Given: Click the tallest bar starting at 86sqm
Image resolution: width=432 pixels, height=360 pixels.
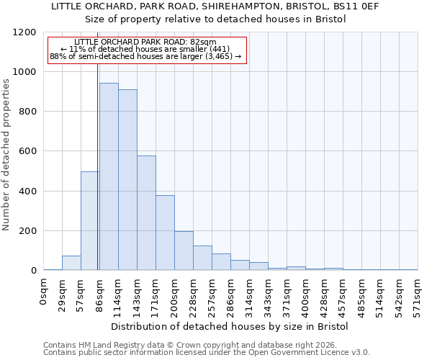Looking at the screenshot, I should tap(109, 176).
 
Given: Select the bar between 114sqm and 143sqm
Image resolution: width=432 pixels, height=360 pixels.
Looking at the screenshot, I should tap(127, 180).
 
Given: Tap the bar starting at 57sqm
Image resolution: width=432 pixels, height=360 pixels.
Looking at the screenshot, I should tap(90, 220).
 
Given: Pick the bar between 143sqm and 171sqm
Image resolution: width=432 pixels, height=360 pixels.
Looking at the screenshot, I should tap(146, 213).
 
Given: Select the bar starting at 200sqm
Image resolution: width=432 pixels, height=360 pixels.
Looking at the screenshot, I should tap(184, 251).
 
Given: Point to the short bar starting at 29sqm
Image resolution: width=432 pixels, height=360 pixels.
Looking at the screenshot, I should tap(71, 263).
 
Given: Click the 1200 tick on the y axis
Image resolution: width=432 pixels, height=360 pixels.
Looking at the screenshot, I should tap(24, 32).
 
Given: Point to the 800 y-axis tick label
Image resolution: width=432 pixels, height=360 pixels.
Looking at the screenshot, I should tap(27, 112).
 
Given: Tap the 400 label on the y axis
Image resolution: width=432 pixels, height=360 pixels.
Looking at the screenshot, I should tap(27, 192).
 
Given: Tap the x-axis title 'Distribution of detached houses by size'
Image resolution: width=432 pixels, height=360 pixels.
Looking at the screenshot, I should tap(230, 326).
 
